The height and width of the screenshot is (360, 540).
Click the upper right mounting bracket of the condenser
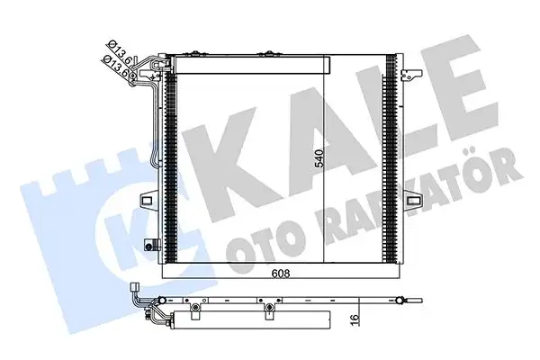[409, 73]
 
